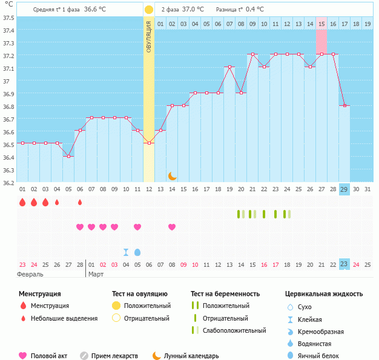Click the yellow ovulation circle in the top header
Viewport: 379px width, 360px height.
149,10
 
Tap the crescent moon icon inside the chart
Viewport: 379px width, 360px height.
173,175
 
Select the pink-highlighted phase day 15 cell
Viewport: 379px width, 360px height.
321,24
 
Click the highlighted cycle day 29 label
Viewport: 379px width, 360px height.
344,189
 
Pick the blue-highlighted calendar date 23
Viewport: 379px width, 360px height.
344,264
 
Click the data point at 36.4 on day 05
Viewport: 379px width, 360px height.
68,156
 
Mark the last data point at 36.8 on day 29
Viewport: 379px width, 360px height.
344,106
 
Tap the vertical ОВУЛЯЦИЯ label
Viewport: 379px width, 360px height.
149,36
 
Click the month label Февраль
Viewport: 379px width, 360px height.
30,274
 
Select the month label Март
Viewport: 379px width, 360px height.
96,274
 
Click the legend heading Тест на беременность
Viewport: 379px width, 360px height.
225,294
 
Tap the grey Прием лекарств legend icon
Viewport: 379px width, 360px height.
84,356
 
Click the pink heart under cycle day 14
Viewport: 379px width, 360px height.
172,227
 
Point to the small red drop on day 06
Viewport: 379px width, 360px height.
80,202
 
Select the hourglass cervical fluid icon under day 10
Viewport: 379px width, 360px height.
126,252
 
